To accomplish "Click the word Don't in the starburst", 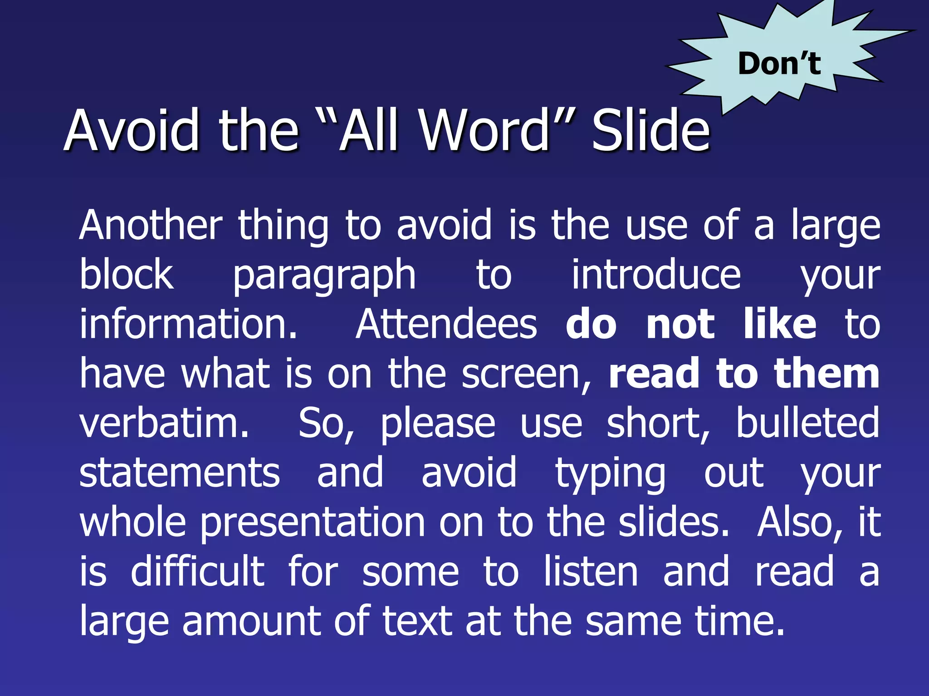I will point(779,63).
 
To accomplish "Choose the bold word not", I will point(681,325).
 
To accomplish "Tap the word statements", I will point(180,473).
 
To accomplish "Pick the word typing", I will point(611,474).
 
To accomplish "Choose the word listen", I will point(591,572).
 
